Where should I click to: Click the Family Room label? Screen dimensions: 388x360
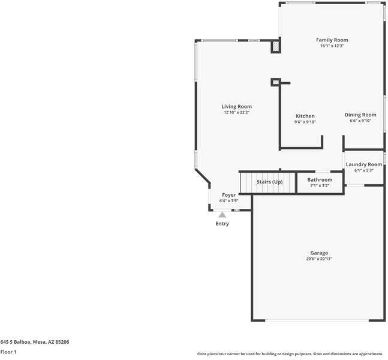332,40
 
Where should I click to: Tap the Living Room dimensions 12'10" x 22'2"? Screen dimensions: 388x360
236,112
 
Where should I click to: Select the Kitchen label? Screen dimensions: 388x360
305,116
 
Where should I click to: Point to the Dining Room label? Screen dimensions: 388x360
360,115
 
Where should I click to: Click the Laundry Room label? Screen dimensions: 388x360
364,164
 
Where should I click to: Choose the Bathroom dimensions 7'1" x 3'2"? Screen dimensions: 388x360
320,185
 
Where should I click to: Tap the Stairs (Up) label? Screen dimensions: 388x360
269,182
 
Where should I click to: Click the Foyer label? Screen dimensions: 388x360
228,195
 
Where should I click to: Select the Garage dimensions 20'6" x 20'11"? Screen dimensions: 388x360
319,259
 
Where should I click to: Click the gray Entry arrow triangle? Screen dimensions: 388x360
222,215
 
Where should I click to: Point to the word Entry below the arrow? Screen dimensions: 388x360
222,224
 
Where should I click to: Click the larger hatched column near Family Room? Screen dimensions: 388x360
276,47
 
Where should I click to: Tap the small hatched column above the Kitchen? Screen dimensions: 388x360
276,82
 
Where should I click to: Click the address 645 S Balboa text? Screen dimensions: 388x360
35,342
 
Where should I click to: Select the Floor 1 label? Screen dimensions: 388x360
8,352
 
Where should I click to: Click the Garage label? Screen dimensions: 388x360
319,253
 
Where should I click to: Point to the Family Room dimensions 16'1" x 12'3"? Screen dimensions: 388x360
332,46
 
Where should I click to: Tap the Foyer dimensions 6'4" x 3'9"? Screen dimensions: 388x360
228,201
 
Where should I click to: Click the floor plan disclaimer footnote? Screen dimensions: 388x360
290,354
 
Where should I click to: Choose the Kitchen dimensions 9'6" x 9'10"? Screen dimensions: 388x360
305,122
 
